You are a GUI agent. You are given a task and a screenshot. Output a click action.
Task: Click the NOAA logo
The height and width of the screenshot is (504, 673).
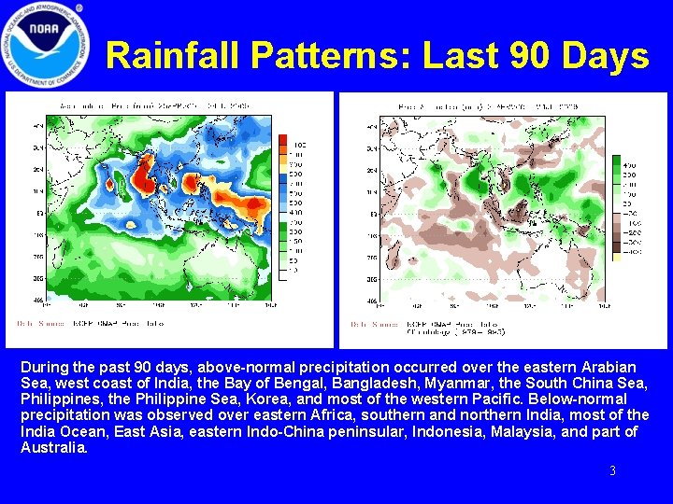point(45,44)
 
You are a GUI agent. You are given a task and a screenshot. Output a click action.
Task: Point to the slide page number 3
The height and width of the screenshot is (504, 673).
point(612,471)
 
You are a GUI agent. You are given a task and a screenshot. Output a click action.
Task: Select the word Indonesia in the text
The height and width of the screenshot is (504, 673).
point(442,431)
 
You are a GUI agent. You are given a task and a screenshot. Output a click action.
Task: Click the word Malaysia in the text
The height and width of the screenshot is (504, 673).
point(516,431)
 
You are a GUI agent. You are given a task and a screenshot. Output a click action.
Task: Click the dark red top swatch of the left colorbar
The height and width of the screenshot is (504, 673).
point(283,139)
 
